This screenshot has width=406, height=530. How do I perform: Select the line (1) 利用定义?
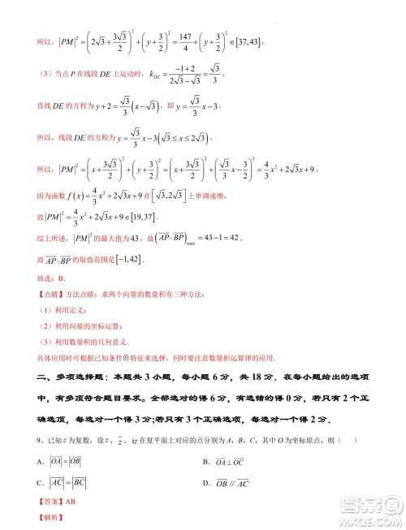point(67,311)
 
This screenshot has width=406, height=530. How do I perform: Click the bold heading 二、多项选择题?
point(77,378)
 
